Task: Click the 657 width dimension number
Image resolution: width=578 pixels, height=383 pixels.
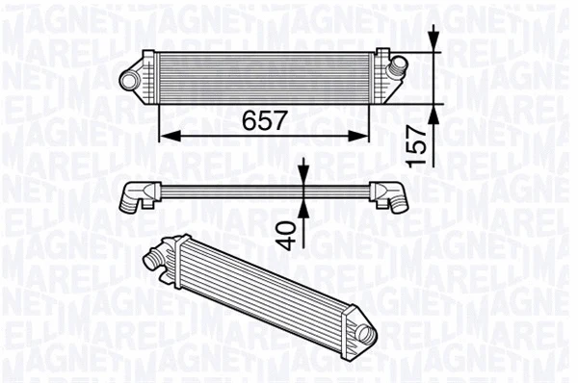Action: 263,120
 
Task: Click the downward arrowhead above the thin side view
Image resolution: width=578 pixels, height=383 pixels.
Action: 303,175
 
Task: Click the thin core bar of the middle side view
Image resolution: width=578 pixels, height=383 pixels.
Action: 260,188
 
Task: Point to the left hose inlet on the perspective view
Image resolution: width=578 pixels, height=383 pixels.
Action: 154,258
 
